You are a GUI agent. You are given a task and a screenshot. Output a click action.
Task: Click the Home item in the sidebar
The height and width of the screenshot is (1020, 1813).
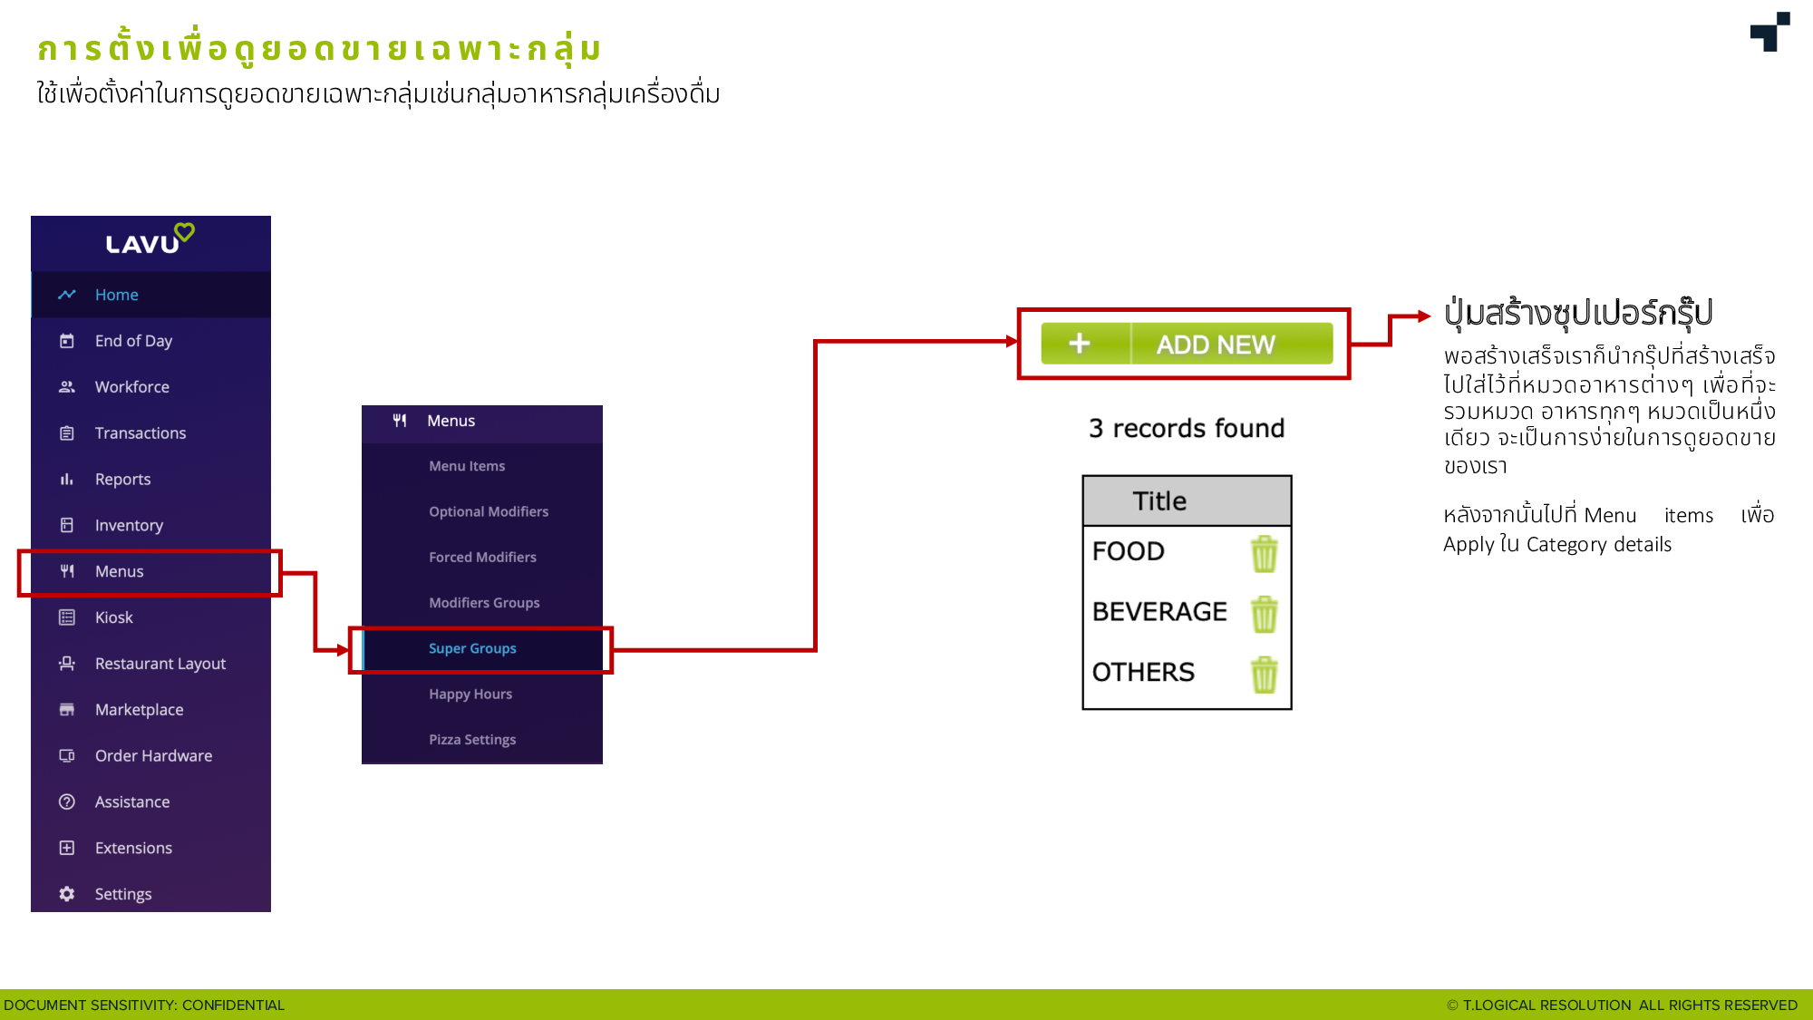(x=116, y=295)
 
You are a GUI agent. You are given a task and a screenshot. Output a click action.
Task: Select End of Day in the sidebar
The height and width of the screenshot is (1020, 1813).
(x=133, y=341)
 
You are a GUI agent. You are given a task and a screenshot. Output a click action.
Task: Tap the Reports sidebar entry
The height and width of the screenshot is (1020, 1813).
(x=122, y=479)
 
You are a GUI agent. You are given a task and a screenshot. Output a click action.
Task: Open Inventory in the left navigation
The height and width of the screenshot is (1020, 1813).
(x=129, y=525)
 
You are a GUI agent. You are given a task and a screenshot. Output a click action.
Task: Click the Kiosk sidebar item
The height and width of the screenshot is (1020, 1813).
(x=113, y=617)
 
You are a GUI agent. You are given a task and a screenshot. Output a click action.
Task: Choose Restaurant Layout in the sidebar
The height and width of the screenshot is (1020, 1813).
(x=160, y=664)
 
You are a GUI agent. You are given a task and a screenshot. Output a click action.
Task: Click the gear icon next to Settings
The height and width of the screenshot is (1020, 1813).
(x=67, y=894)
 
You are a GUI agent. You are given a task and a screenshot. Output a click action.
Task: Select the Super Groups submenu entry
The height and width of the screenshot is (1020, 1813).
(x=472, y=648)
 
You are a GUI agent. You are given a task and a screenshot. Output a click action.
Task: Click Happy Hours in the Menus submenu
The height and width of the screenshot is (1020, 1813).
(x=470, y=694)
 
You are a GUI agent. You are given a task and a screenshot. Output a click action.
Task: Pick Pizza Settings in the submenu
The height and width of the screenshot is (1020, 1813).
(x=472, y=740)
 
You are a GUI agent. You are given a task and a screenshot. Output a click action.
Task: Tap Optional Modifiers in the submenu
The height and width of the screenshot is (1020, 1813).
(x=489, y=511)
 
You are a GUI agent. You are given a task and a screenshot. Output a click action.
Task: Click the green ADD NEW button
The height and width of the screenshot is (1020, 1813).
(x=1187, y=344)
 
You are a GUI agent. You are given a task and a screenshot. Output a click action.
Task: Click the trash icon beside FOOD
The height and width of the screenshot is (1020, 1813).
(x=1265, y=553)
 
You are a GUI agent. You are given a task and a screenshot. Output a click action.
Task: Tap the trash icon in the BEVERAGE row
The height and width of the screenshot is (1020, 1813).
(x=1265, y=614)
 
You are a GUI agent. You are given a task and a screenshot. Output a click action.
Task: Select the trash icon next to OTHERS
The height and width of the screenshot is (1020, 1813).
(x=1265, y=675)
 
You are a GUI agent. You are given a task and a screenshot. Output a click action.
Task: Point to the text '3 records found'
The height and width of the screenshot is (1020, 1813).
(x=1187, y=428)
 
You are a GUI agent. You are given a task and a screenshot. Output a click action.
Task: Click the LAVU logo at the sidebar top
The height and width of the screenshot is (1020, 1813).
(x=150, y=239)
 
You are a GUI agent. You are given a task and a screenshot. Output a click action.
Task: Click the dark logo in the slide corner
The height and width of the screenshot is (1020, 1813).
(x=1770, y=32)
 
